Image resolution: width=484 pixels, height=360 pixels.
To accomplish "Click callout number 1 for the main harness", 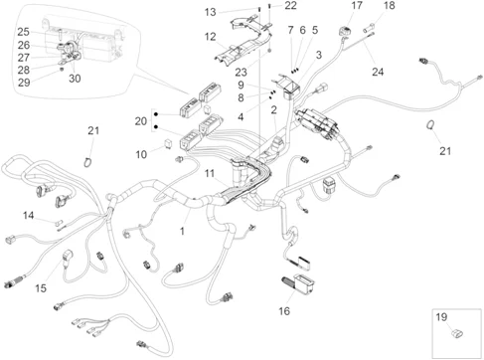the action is pyautogui.click(x=182, y=231).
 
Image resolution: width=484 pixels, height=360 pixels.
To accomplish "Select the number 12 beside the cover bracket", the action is pyautogui.click(x=210, y=37).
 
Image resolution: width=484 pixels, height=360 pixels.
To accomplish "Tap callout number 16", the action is pyautogui.click(x=284, y=311).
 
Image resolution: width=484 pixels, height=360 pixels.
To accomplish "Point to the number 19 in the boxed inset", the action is pyautogui.click(x=441, y=317).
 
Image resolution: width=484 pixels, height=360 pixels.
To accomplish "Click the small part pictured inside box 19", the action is pyautogui.click(x=457, y=333).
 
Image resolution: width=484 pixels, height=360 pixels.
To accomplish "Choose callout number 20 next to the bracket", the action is pyautogui.click(x=141, y=121).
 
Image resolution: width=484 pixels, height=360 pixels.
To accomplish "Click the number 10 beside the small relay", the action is pyautogui.click(x=141, y=154).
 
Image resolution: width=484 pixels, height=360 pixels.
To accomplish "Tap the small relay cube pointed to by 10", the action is pyautogui.click(x=168, y=144).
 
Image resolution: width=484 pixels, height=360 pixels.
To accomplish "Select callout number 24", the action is pyautogui.click(x=378, y=72).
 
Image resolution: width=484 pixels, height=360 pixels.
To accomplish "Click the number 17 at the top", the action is pyautogui.click(x=357, y=5).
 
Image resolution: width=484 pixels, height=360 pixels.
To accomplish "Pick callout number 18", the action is pyautogui.click(x=390, y=5).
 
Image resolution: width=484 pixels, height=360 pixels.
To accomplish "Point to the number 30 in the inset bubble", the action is pyautogui.click(x=75, y=79).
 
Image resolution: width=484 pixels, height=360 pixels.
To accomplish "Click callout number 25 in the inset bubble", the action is pyautogui.click(x=23, y=32).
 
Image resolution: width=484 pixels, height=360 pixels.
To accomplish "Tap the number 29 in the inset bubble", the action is pyautogui.click(x=24, y=83).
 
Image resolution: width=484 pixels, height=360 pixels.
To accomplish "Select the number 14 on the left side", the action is pyautogui.click(x=29, y=216).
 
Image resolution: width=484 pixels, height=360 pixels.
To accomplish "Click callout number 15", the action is pyautogui.click(x=41, y=288).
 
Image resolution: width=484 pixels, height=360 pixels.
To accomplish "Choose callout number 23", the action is pyautogui.click(x=241, y=72).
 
